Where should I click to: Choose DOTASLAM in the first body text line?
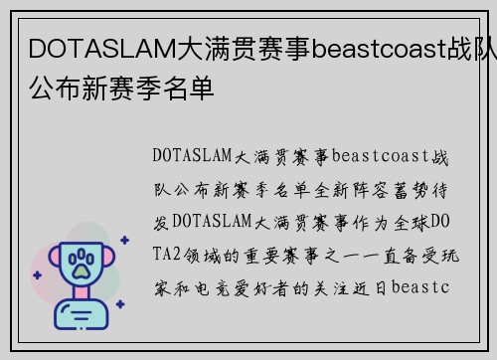[x=192, y=156]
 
